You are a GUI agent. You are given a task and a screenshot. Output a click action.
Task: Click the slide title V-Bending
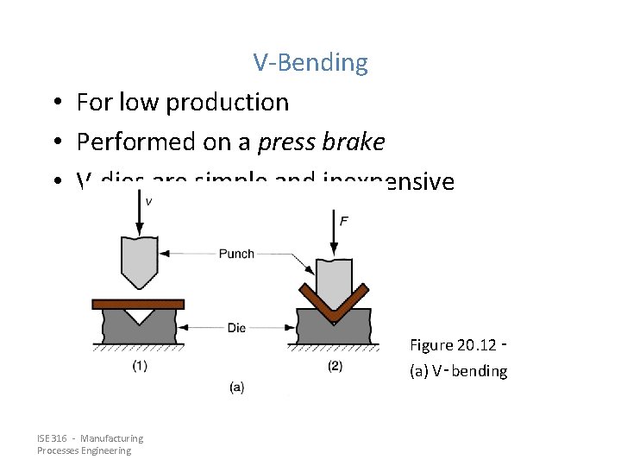pos(310,63)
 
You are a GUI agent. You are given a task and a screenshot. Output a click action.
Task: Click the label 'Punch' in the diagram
pos(236,254)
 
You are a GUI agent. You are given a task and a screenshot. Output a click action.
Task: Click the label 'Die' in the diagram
pos(236,328)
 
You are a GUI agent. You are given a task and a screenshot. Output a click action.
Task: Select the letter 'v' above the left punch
pos(149,202)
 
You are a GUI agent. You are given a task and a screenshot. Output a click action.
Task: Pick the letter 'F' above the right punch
pos(344,221)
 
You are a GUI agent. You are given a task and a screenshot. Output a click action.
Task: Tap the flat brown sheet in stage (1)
pos(138,304)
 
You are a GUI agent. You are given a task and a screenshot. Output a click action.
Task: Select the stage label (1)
pos(140,366)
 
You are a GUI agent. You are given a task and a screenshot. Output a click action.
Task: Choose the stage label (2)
pos(335,366)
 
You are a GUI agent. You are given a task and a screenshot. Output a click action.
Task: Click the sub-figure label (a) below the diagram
pos(236,387)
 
